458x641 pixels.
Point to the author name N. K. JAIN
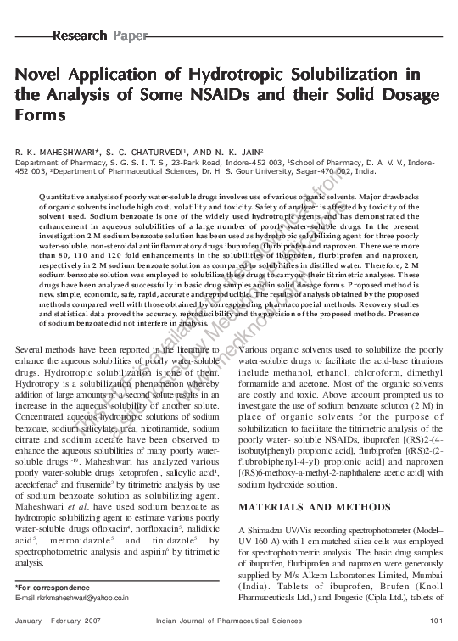tap(228, 152)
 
